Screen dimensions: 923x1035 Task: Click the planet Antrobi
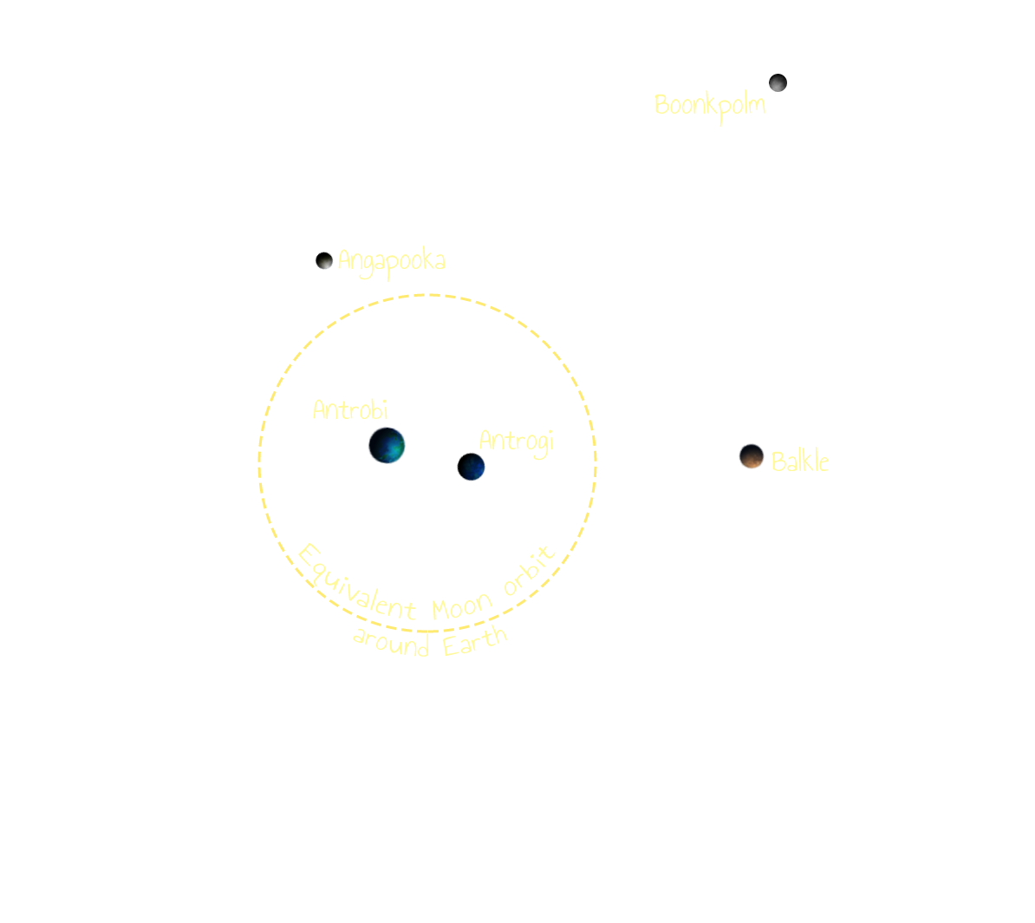coord(387,445)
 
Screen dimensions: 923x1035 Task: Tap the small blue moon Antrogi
coord(474,468)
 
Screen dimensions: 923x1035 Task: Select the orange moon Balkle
coord(751,456)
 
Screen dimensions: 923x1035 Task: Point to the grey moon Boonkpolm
coord(778,83)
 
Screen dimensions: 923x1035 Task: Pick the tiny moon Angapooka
coord(326,262)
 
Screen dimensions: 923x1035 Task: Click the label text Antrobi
coord(350,409)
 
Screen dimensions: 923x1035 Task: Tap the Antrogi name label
coord(516,442)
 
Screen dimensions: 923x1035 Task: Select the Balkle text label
coord(799,461)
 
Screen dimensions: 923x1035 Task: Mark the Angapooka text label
coord(391,260)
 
